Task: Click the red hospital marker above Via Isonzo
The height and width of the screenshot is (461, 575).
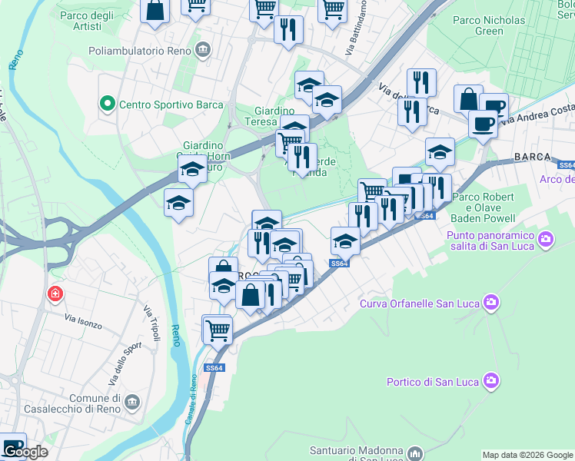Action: (55, 294)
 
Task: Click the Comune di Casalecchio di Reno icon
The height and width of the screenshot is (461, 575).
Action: (132, 403)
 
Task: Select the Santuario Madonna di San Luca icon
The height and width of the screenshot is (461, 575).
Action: (415, 453)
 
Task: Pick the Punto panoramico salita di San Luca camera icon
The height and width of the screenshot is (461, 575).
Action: (547, 239)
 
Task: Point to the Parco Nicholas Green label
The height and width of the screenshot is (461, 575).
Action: (489, 25)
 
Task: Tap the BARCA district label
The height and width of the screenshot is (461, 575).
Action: (532, 157)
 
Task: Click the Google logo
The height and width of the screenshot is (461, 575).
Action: (25, 452)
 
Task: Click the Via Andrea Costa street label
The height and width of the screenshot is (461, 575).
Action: (537, 113)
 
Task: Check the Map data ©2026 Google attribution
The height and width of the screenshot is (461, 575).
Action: (527, 454)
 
